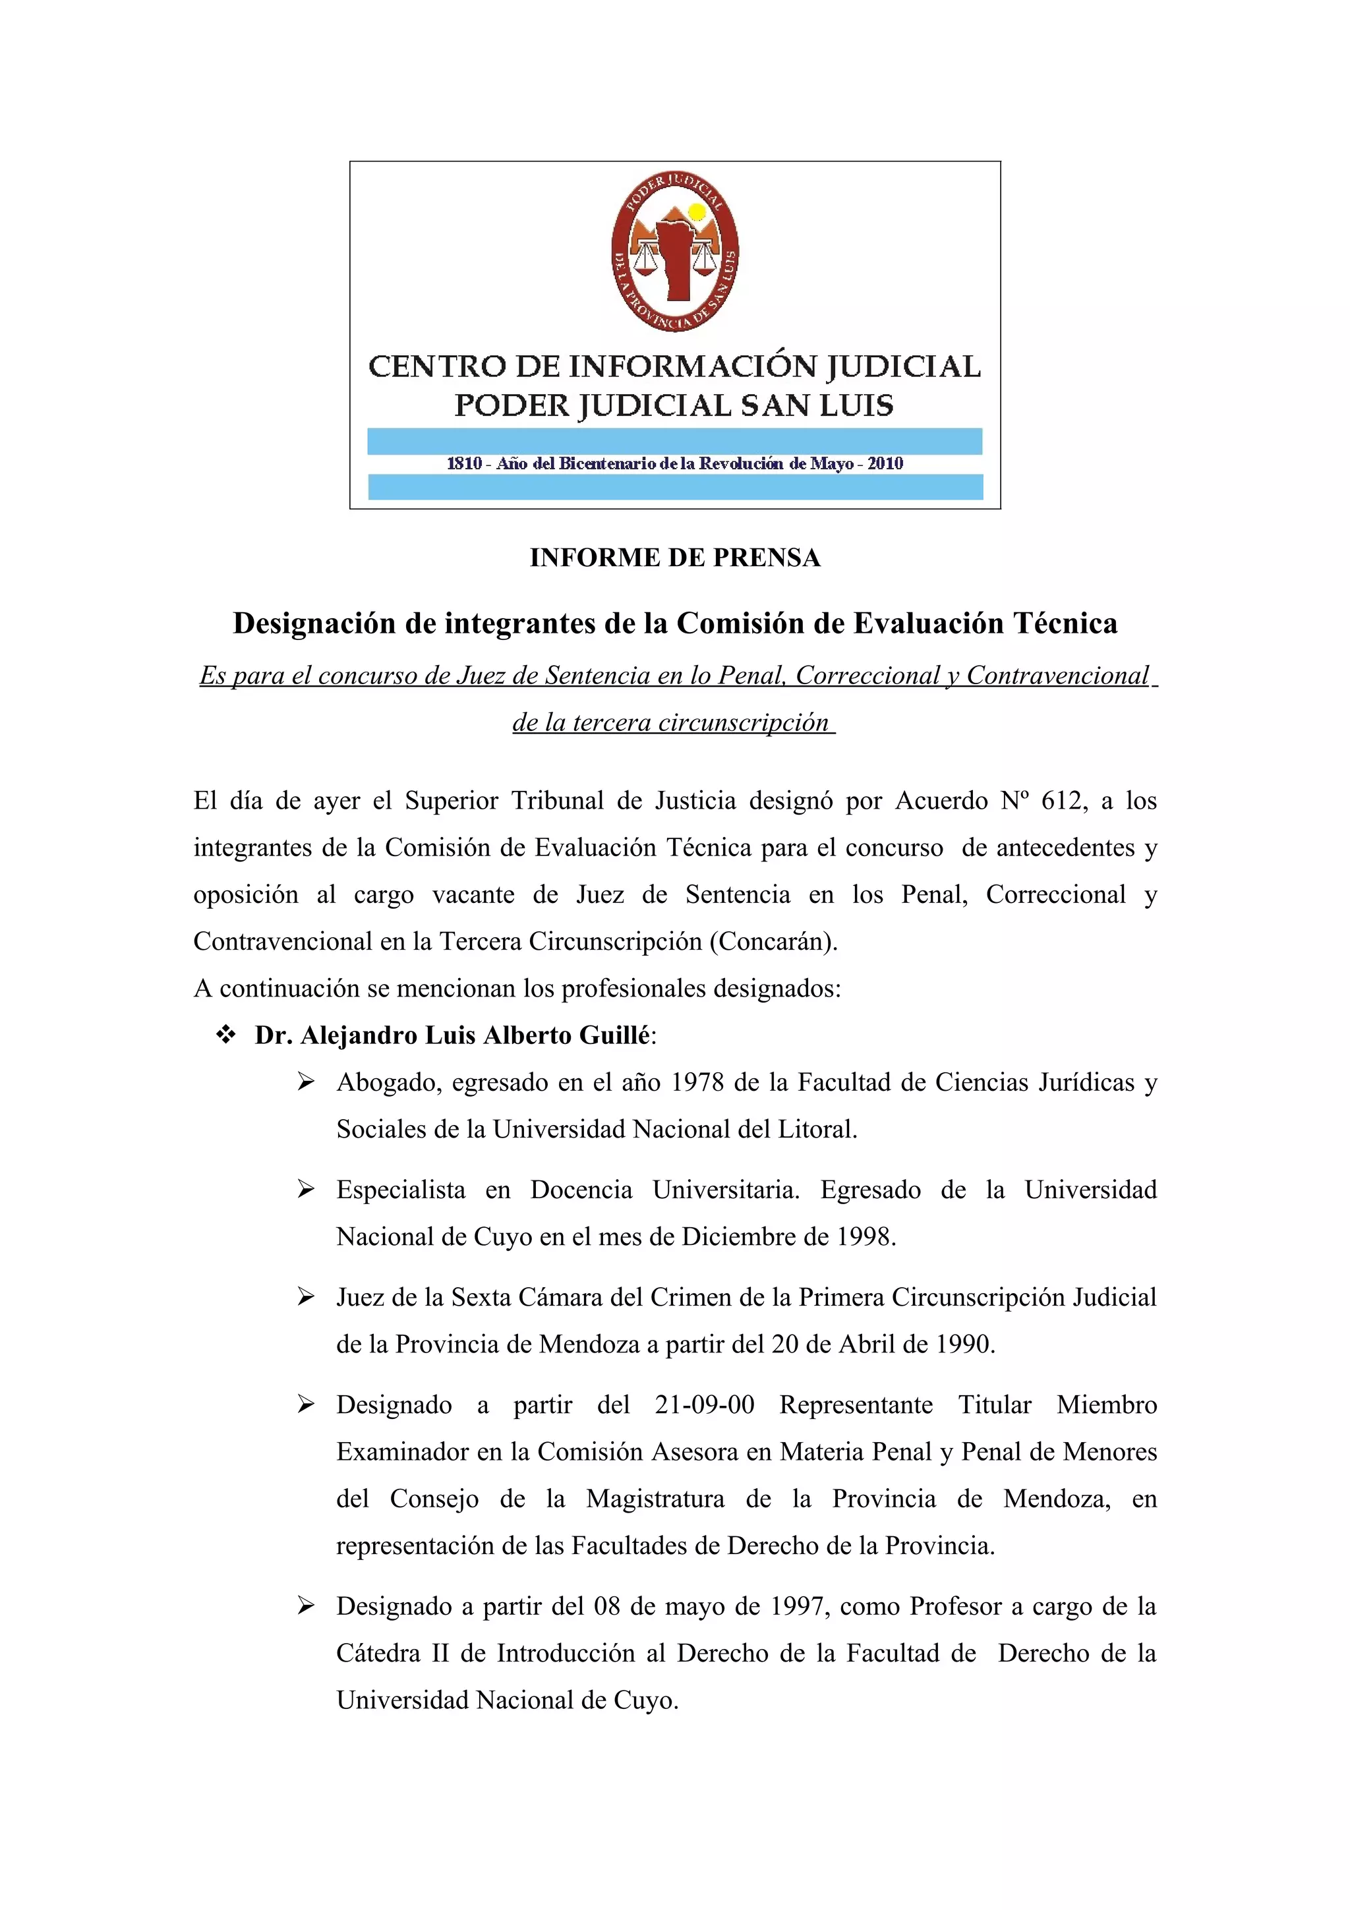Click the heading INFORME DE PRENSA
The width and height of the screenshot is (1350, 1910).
(x=674, y=558)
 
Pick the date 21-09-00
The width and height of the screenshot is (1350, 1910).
(x=705, y=1404)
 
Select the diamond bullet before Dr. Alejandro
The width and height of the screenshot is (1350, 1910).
(x=225, y=1035)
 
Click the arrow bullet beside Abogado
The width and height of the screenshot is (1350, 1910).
(x=306, y=1082)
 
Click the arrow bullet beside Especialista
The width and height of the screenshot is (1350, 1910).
(x=306, y=1190)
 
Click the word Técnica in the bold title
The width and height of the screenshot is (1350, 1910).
(x=1065, y=623)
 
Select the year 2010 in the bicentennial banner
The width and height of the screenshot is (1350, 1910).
(x=885, y=463)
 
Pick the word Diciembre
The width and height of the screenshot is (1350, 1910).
(x=739, y=1236)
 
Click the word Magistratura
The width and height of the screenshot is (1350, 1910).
(x=655, y=1498)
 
